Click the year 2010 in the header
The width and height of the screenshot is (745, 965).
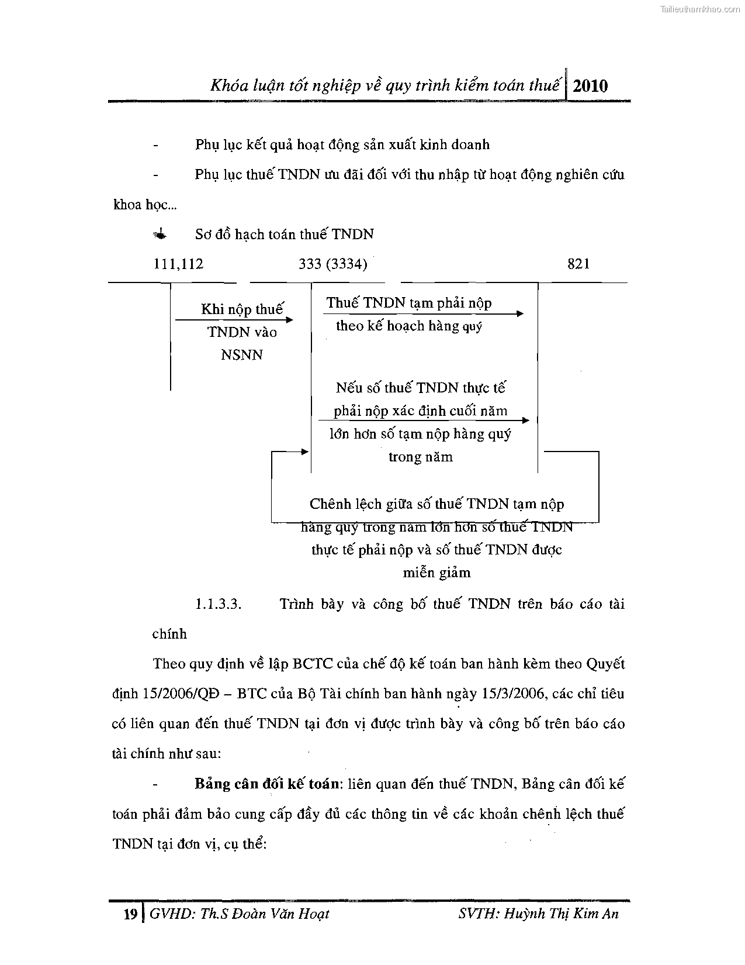[x=590, y=86]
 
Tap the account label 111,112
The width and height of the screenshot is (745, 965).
[x=178, y=264]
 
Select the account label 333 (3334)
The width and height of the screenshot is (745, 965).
[x=332, y=264]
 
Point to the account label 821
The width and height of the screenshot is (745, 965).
[x=578, y=264]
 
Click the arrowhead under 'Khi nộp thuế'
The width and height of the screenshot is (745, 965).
[x=289, y=320]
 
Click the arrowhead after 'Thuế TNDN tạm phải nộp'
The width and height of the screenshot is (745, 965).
[x=520, y=314]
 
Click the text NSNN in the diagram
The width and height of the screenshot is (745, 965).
[x=242, y=355]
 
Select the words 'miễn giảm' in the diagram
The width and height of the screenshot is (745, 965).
[x=436, y=573]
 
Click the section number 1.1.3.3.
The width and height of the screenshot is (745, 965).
[x=219, y=604]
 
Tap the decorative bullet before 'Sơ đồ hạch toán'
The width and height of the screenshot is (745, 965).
[x=159, y=235]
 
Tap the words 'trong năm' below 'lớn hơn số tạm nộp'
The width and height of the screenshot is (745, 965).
[x=420, y=457]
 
